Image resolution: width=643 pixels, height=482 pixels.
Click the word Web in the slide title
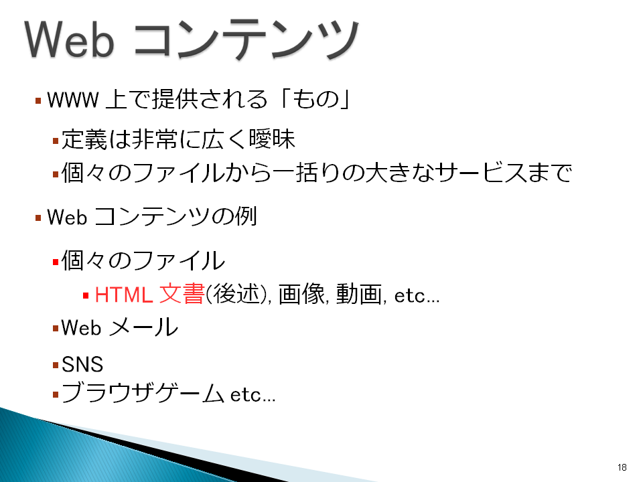tap(69, 39)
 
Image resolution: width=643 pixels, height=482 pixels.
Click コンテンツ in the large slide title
tap(246, 39)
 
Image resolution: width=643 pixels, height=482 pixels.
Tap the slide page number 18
tap(622, 467)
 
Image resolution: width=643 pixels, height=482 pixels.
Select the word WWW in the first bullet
tap(73, 100)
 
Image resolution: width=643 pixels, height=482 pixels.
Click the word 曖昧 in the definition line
tap(272, 139)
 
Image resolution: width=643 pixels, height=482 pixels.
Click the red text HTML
tap(124, 295)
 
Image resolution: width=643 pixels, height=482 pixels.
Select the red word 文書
tap(182, 294)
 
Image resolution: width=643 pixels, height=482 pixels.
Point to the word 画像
tap(301, 295)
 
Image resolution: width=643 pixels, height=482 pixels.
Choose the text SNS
tap(82, 364)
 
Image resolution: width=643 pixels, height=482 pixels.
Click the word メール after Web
tap(144, 327)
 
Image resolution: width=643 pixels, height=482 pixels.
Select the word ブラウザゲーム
tap(143, 393)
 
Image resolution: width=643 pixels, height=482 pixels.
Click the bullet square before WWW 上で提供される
tap(38, 100)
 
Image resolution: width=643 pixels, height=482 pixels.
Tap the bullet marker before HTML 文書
tap(86, 295)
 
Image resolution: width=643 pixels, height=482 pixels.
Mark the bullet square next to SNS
tap(56, 365)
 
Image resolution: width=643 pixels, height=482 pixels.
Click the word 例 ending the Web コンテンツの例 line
tap(245, 216)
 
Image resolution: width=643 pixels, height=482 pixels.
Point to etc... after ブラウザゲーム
tap(253, 395)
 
